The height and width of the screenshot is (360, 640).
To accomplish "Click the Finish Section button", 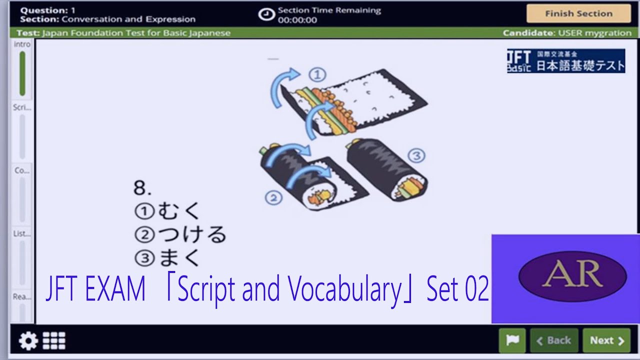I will (578, 13).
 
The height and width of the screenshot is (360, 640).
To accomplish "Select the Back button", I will (554, 340).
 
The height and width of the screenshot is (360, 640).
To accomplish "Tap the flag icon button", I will (512, 340).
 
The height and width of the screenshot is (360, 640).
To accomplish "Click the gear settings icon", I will (28, 341).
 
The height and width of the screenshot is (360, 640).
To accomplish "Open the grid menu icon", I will (54, 340).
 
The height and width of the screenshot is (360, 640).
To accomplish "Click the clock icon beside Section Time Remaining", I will (266, 14).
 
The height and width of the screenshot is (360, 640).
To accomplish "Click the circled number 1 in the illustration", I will (317, 75).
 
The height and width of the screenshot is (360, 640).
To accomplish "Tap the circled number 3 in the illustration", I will (416, 156).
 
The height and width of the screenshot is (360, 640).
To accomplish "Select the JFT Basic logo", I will (566, 61).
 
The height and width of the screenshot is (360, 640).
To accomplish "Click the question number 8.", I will (142, 188).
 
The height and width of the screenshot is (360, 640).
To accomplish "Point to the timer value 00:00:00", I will (297, 20).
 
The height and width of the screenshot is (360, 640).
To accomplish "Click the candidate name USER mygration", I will (594, 33).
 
